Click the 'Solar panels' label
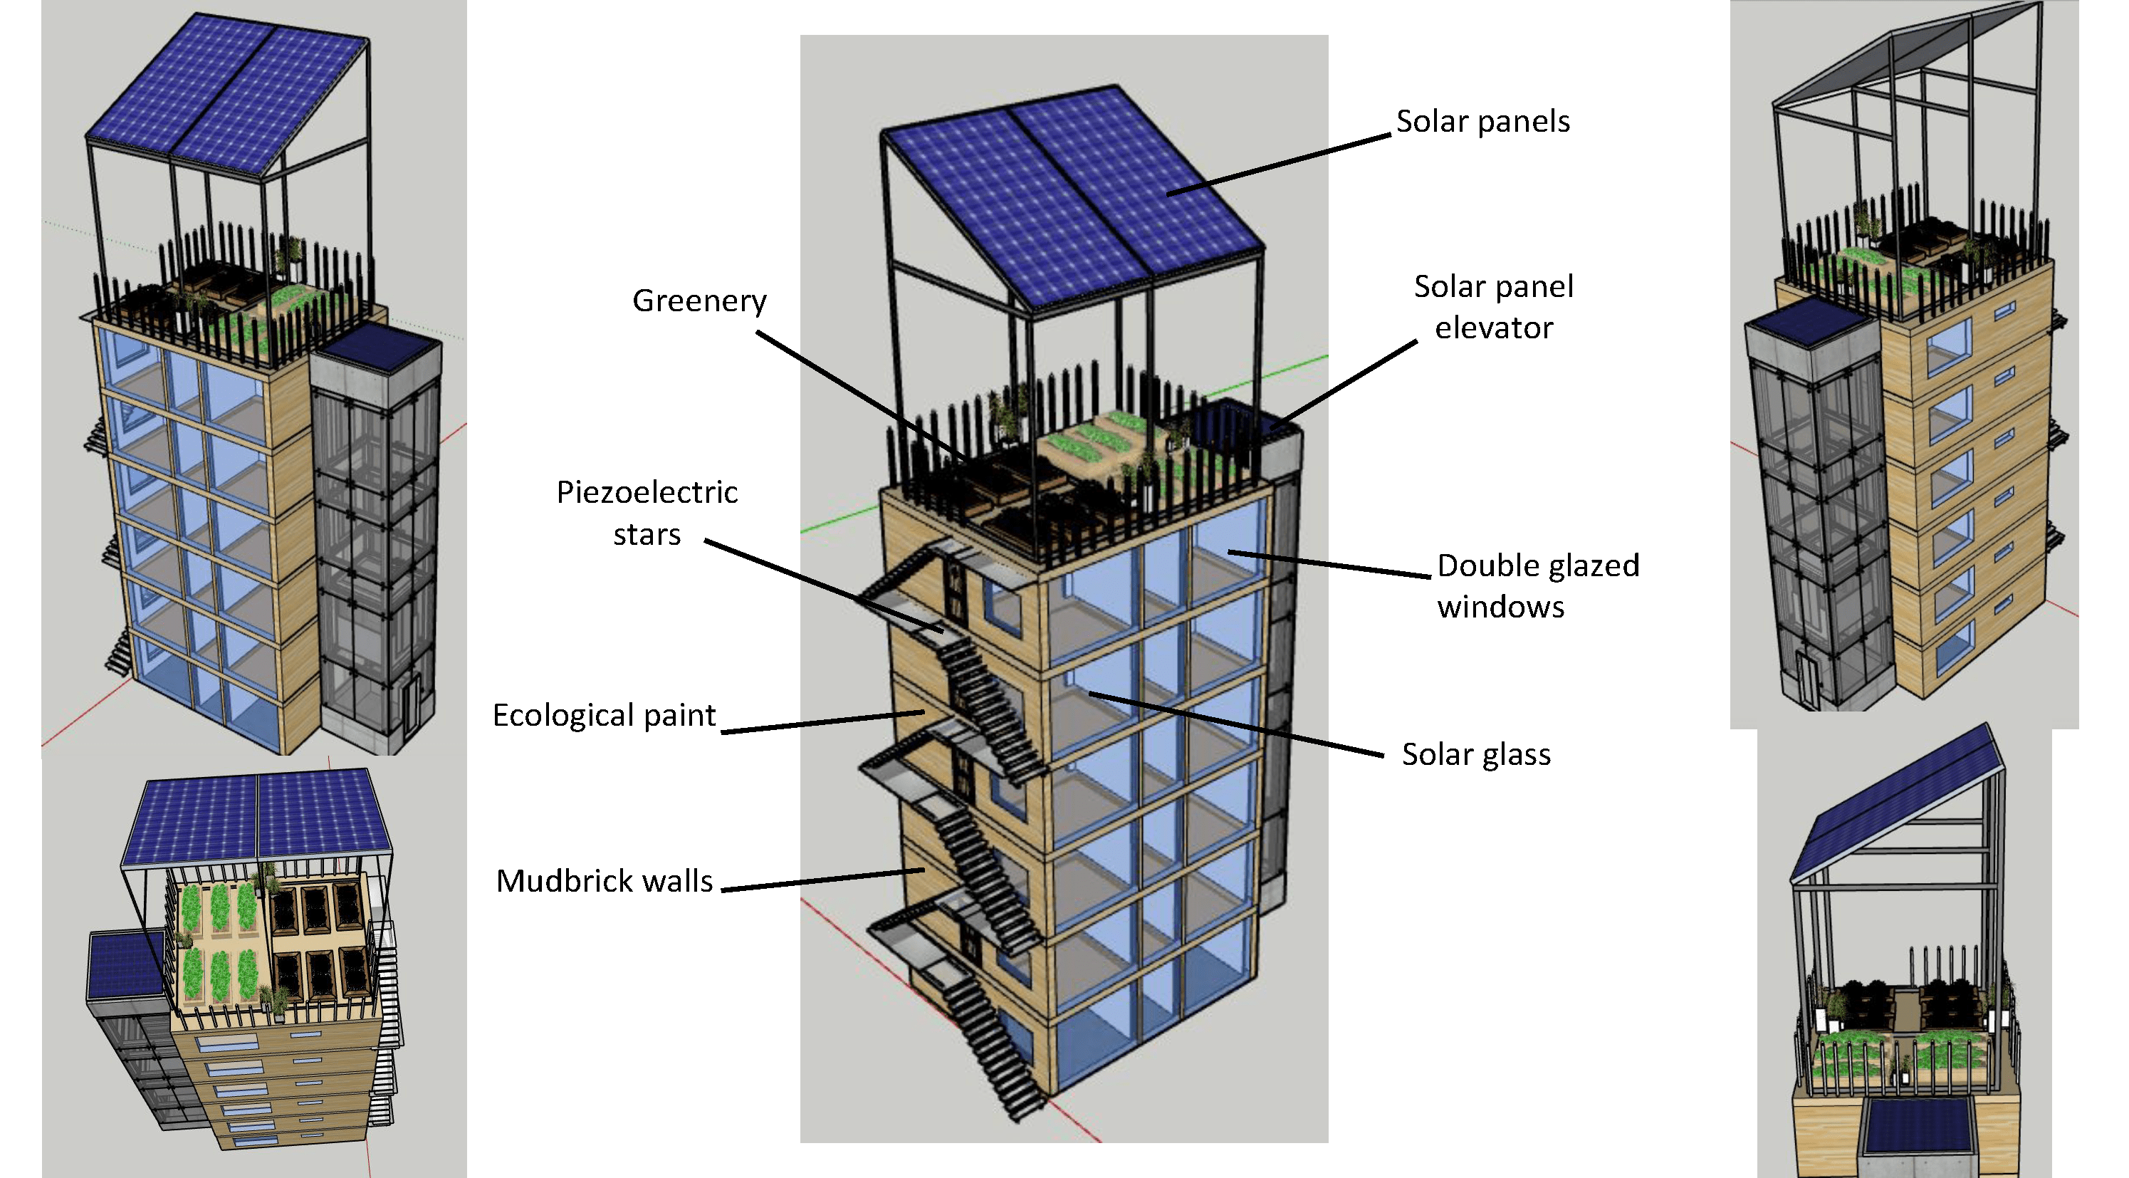pyautogui.click(x=1482, y=122)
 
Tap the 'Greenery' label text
pyautogui.click(x=699, y=300)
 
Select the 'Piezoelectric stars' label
pyautogui.click(x=647, y=513)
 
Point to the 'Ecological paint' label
pyautogui.click(x=603, y=715)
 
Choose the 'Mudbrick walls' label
pyautogui.click(x=603, y=881)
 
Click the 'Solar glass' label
pyautogui.click(x=1475, y=755)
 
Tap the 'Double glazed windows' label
pyautogui.click(x=1537, y=586)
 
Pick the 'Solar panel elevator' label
pyautogui.click(x=1493, y=307)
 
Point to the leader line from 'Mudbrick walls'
pyautogui.click(x=822, y=880)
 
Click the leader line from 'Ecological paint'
pyautogui.click(x=822, y=721)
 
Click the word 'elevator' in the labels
pyautogui.click(x=1493, y=328)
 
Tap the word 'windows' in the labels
pyautogui.click(x=1500, y=608)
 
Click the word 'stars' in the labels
pyautogui.click(x=647, y=535)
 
